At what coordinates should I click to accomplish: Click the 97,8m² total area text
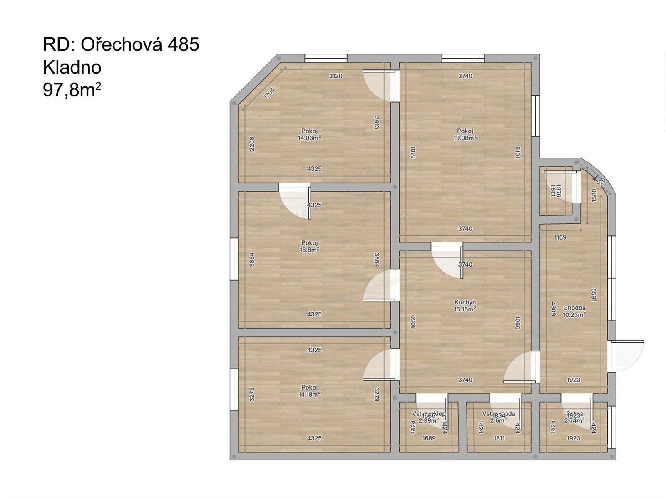72,90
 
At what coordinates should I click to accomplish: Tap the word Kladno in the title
72,67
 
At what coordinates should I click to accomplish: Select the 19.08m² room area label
465,137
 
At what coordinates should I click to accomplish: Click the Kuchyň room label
465,302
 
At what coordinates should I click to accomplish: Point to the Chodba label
574,308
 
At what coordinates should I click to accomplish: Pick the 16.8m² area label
309,249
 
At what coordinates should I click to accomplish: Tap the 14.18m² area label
309,394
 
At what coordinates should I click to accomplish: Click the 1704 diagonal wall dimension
270,93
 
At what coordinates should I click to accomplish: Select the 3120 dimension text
335,76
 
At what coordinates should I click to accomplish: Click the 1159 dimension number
560,238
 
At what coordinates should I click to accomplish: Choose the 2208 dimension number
251,144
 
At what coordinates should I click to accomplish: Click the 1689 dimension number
429,438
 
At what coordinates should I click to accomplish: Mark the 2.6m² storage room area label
498,420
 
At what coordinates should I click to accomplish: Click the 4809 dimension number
554,309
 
